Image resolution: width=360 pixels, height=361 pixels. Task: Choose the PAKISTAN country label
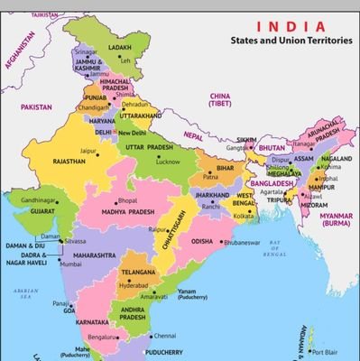pos(38,106)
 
